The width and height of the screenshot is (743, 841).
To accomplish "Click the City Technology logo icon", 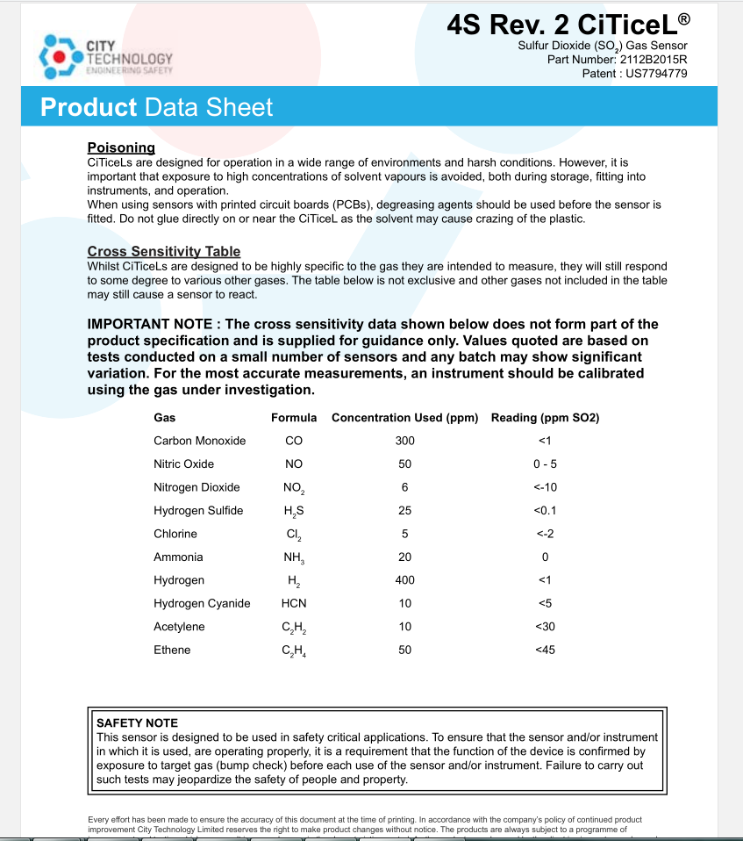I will click(59, 55).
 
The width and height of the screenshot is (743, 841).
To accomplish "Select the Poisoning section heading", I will click(121, 147).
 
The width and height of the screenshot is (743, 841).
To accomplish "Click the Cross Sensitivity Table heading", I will click(164, 252).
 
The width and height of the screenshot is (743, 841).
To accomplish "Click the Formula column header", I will click(294, 418).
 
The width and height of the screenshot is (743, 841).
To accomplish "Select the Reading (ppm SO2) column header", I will click(545, 418).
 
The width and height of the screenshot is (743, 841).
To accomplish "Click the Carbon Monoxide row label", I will click(199, 441).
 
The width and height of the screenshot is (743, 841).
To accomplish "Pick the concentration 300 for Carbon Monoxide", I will click(404, 441).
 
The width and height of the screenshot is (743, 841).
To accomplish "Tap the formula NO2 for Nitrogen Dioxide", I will click(294, 488).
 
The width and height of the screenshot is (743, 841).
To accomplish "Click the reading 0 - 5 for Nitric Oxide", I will click(545, 464).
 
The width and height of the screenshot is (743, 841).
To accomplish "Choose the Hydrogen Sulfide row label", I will click(198, 511).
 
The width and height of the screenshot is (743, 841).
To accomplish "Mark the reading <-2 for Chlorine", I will click(545, 534).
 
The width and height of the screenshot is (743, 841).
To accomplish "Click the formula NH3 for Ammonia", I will click(294, 557).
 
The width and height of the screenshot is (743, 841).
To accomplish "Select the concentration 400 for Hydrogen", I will click(404, 580).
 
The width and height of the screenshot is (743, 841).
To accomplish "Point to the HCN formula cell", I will click(294, 604).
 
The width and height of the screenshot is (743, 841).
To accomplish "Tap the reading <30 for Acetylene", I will click(545, 627).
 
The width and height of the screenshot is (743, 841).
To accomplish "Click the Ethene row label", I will click(172, 651).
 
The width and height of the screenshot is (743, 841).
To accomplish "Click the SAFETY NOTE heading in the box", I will click(137, 723).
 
